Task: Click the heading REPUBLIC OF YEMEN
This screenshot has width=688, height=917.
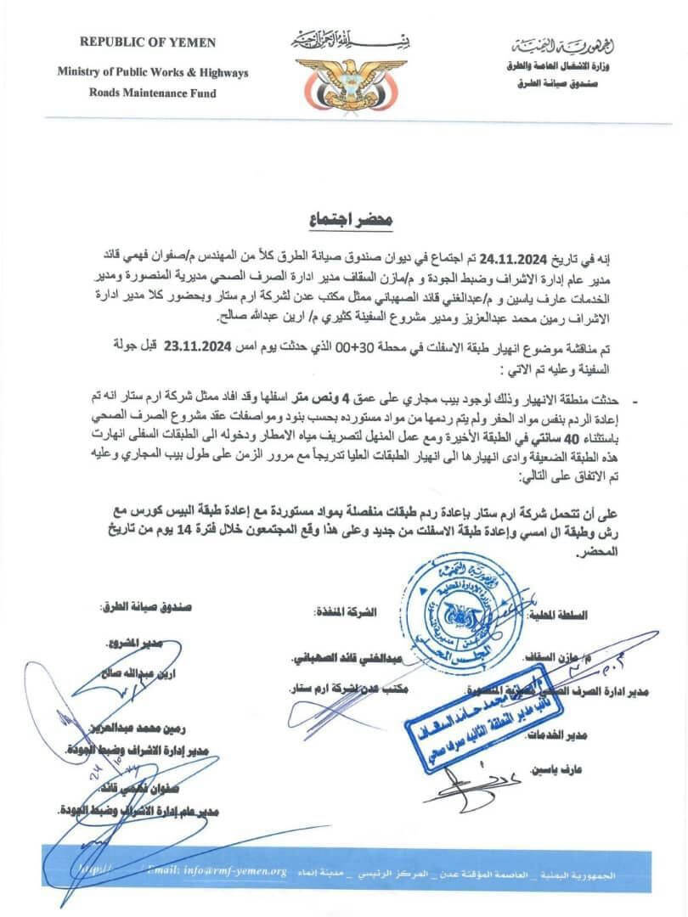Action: (148, 42)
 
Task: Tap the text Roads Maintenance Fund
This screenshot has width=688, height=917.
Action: (148, 93)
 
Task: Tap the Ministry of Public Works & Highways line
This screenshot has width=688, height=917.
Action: (153, 72)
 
